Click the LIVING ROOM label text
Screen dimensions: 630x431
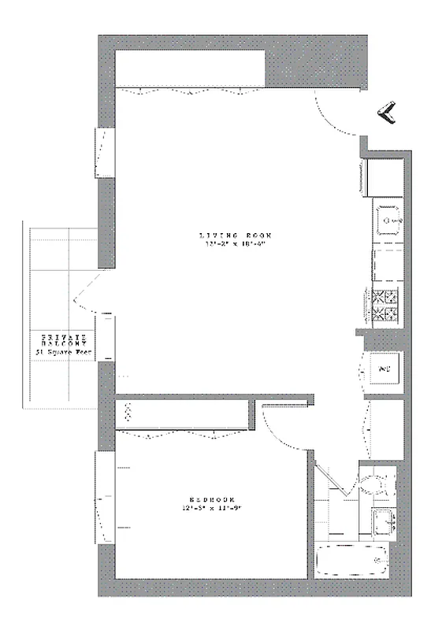[235, 235]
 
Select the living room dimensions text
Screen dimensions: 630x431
[235, 244]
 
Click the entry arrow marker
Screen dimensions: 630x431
[387, 115]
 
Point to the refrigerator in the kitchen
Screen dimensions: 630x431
[384, 176]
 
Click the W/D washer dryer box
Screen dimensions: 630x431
[385, 369]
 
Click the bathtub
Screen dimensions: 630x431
[353, 561]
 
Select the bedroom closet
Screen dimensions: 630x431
[183, 415]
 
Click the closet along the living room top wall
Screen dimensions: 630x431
[191, 70]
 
